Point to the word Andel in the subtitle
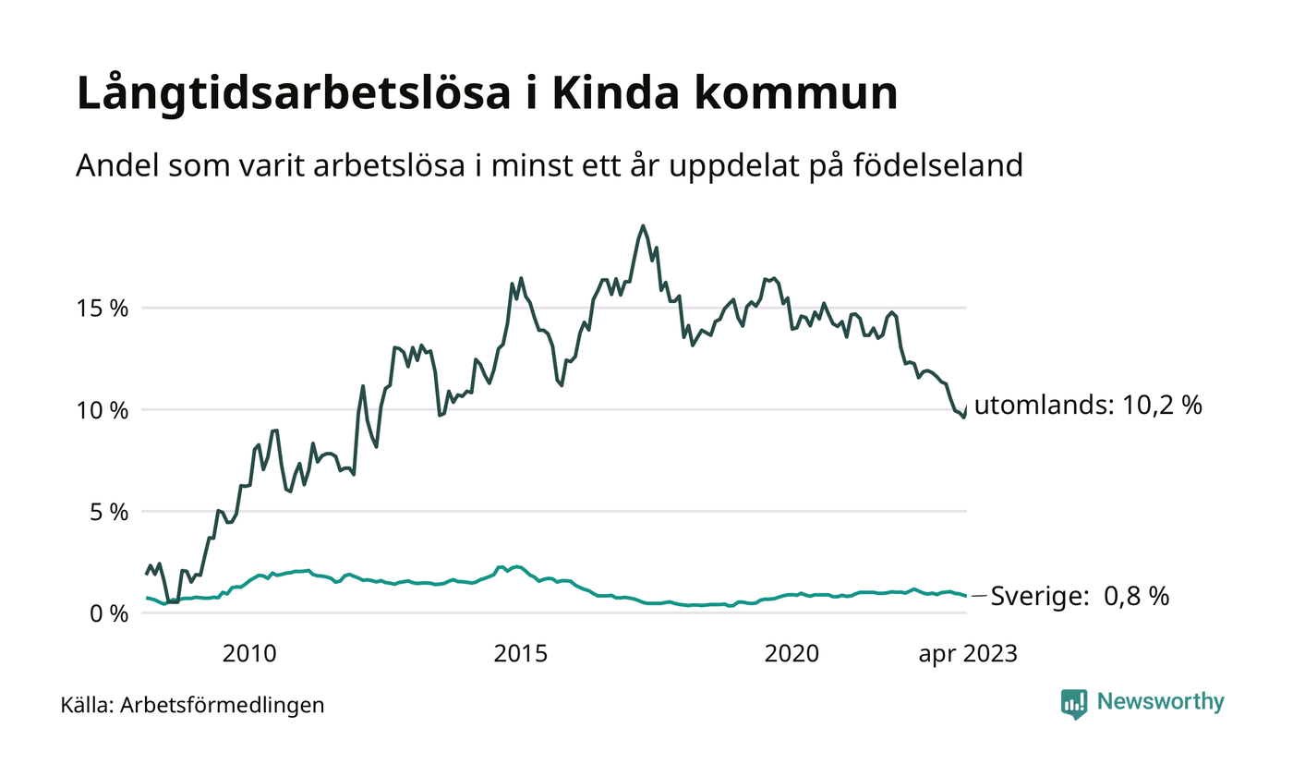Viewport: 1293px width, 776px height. (x=109, y=165)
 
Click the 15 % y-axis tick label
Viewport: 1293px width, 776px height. (x=103, y=308)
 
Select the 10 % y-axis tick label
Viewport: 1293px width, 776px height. (x=103, y=409)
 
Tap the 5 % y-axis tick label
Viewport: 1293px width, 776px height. (x=108, y=511)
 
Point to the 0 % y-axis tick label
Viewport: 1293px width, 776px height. (x=108, y=612)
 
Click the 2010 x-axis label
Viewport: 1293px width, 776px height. (x=249, y=654)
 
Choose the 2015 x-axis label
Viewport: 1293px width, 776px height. (x=521, y=654)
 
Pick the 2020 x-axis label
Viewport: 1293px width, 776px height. (x=792, y=654)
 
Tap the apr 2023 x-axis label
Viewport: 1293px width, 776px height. (x=967, y=654)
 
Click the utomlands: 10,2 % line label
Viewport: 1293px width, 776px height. (x=1088, y=406)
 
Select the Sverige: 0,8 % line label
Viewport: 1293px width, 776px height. (x=1080, y=597)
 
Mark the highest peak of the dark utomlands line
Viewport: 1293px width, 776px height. (x=643, y=225)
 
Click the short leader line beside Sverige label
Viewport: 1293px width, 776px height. (x=979, y=597)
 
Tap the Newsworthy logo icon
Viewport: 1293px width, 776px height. (x=1074, y=703)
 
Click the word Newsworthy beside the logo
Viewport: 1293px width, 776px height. (x=1160, y=702)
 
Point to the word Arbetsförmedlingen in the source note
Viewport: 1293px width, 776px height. (x=223, y=706)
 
